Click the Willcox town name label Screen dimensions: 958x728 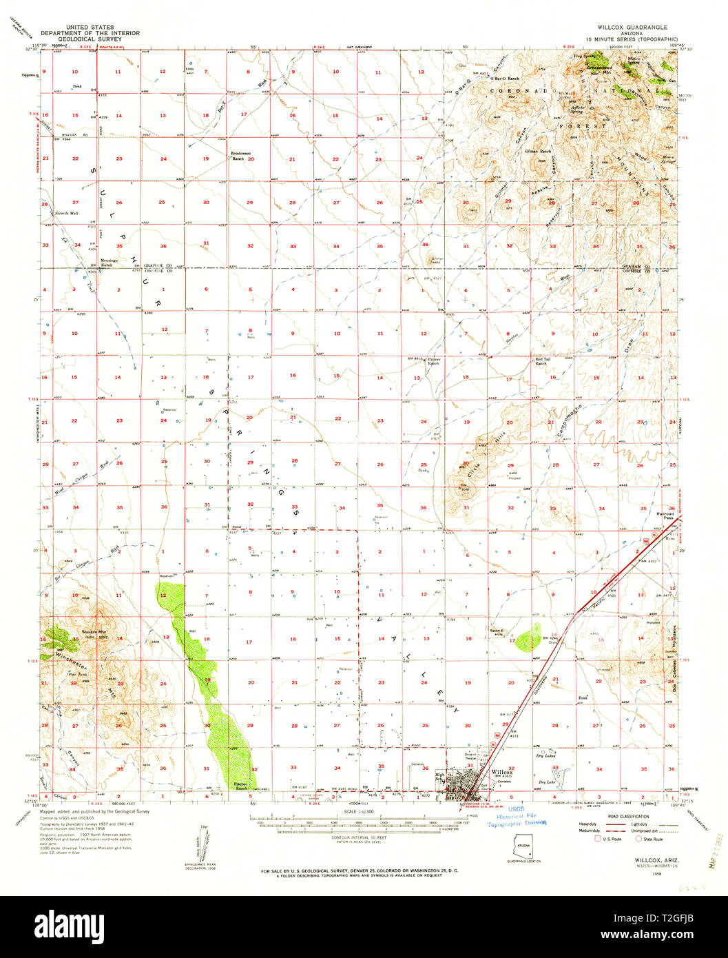(x=502, y=772)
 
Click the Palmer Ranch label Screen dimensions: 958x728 (x=433, y=361)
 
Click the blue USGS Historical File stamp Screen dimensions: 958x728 (x=516, y=817)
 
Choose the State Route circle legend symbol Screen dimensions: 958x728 (x=638, y=839)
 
